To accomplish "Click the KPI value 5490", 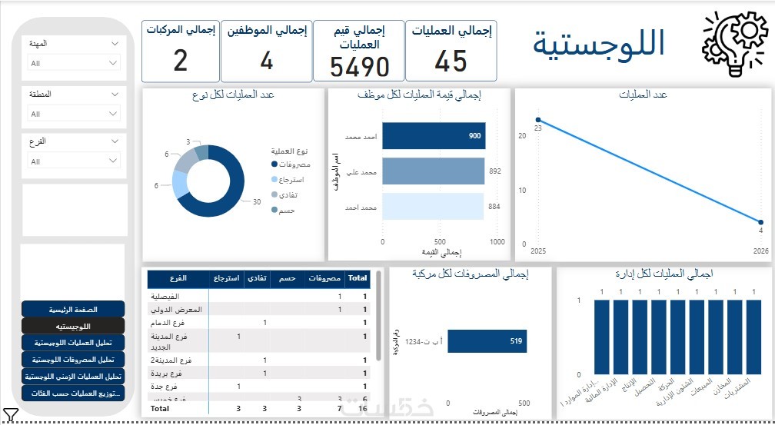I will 360,67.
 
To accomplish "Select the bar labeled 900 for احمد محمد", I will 433,136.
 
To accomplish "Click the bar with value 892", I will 433,171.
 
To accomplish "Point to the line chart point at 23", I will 538,120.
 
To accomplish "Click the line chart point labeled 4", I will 760,221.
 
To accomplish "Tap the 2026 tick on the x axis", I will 760,251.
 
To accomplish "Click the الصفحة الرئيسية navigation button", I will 73,309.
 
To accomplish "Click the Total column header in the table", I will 358,278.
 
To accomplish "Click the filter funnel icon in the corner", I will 11,416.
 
